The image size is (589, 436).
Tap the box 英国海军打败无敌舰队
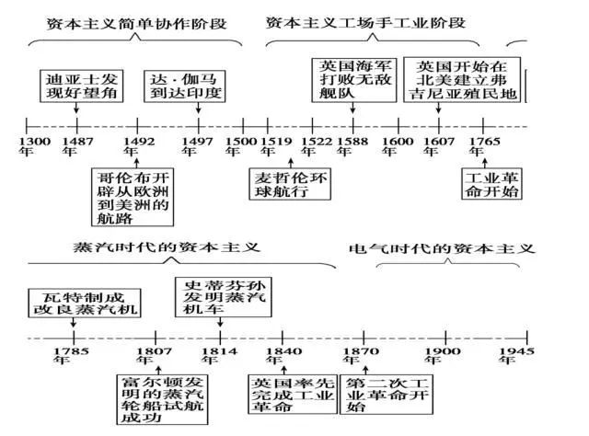tap(353, 78)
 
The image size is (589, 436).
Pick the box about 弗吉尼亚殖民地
tap(463, 80)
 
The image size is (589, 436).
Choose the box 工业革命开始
tap(490, 184)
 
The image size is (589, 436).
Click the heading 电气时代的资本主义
tap(442, 249)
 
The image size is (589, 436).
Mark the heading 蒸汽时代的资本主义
tap(166, 248)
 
